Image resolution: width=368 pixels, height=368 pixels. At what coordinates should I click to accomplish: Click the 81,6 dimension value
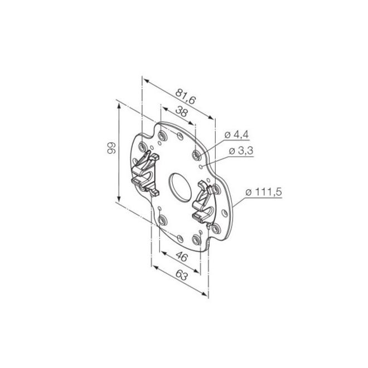[x=185, y=96]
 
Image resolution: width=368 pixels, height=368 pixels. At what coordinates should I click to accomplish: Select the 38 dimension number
[x=181, y=112]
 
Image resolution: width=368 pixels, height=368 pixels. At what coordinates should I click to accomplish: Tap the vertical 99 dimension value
[x=112, y=148]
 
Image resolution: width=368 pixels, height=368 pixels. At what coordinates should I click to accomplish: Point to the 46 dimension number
[x=182, y=256]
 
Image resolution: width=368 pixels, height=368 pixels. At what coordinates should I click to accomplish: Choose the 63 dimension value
[x=181, y=275]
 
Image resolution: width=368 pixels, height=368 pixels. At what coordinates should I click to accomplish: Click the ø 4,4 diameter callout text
[x=236, y=135]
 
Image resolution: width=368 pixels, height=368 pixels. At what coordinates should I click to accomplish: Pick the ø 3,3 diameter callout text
[x=241, y=151]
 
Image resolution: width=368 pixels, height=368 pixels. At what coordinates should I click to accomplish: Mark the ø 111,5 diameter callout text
[x=263, y=192]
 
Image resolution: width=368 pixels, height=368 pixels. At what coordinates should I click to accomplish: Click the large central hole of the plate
[x=180, y=187]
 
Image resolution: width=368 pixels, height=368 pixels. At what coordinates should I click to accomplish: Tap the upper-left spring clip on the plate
[x=145, y=173]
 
